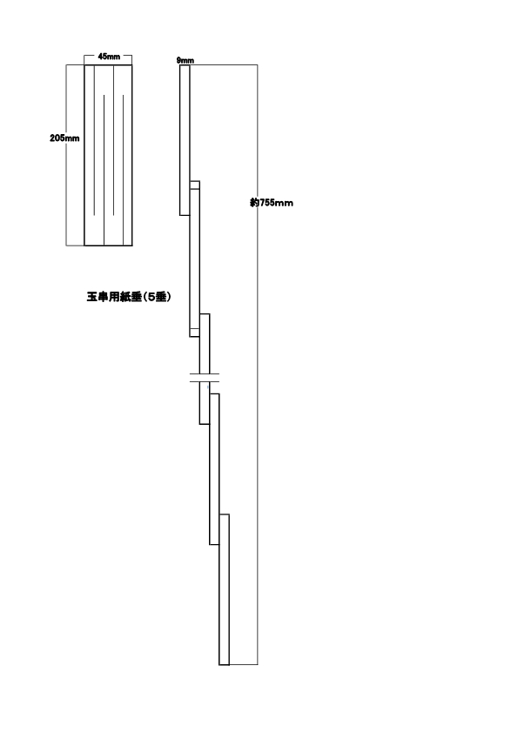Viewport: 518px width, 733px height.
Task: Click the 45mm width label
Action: (109, 57)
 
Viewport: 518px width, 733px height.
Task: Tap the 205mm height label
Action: (64, 138)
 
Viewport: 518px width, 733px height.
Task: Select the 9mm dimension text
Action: (185, 60)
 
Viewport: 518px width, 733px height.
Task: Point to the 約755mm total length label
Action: (272, 203)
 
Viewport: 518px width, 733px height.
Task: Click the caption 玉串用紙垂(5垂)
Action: (129, 296)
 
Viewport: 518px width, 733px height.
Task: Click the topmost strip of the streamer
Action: (185, 140)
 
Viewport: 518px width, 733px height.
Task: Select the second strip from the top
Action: (194, 259)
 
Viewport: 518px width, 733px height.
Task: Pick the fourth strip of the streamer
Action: (214, 469)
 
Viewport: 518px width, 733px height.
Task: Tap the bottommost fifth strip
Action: (224, 589)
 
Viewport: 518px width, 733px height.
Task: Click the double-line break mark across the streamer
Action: (205, 378)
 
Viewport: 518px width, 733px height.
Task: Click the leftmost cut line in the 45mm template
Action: (94, 140)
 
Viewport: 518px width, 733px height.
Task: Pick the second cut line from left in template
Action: (104, 170)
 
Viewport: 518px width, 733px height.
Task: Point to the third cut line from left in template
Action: (113, 140)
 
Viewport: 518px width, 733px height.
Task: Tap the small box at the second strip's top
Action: (195, 185)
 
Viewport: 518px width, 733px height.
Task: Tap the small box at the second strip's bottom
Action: (194, 333)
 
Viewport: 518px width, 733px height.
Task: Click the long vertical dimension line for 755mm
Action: (258, 365)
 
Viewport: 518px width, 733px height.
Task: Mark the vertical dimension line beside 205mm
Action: (66, 155)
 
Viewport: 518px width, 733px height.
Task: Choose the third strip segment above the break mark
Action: (205, 344)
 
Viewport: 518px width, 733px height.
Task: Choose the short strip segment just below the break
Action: (205, 403)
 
